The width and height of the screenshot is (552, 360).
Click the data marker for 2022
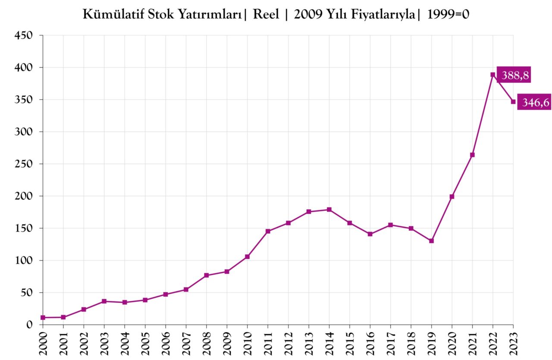pos(493,75)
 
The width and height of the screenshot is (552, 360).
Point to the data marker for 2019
pos(431,241)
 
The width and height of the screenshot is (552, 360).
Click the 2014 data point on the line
pos(329,210)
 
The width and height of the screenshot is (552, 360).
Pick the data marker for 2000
pos(43,317)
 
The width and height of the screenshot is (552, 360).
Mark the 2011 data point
pos(268,231)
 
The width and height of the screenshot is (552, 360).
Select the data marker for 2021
pos(472,155)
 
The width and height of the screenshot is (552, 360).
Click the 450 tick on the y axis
pos(24,35)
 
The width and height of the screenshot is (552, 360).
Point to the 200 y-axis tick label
pos(24,196)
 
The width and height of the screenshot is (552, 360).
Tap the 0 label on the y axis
pos(29,325)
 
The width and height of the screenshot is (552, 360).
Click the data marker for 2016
pos(370,234)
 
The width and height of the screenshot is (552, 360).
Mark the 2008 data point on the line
pos(207,275)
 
